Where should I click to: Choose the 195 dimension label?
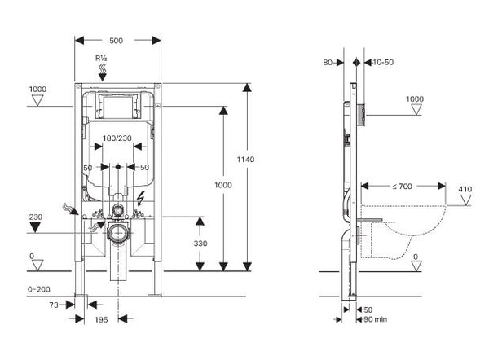[99, 319]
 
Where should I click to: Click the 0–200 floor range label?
[39, 288]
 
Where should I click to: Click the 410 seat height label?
[465, 190]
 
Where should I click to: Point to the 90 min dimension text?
[376, 320]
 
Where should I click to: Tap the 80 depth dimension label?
[327, 62]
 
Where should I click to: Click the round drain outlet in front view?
[119, 231]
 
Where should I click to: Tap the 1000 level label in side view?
[416, 99]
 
